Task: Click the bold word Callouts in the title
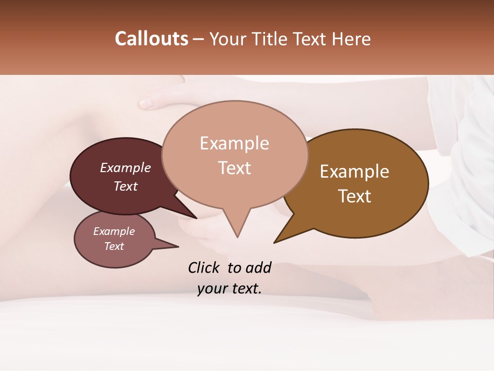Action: point(151,39)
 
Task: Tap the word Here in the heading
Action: point(352,39)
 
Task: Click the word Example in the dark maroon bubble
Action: point(125,168)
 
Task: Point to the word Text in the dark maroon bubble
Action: point(125,186)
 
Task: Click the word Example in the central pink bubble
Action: point(234,143)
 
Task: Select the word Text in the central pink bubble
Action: point(234,168)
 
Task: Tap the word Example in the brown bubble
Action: point(355,172)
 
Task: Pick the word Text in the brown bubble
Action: point(355,196)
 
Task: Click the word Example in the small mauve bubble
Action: point(114,231)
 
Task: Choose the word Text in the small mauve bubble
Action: point(114,246)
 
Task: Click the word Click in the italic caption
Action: point(205,267)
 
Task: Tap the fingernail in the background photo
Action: point(146,103)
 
